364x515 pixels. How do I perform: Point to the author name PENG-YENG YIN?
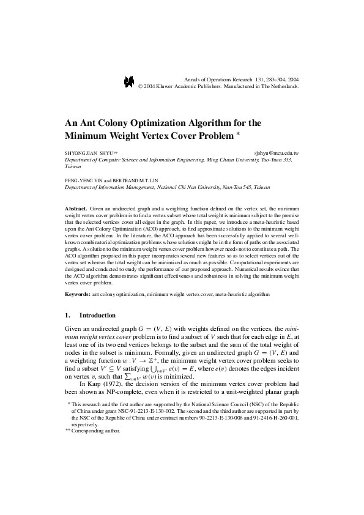[x=84, y=181]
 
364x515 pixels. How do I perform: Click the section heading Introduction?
[x=98, y=316]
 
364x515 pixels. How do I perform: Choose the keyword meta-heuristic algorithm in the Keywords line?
[x=244, y=294]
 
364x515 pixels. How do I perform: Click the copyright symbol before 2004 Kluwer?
[x=141, y=87]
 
